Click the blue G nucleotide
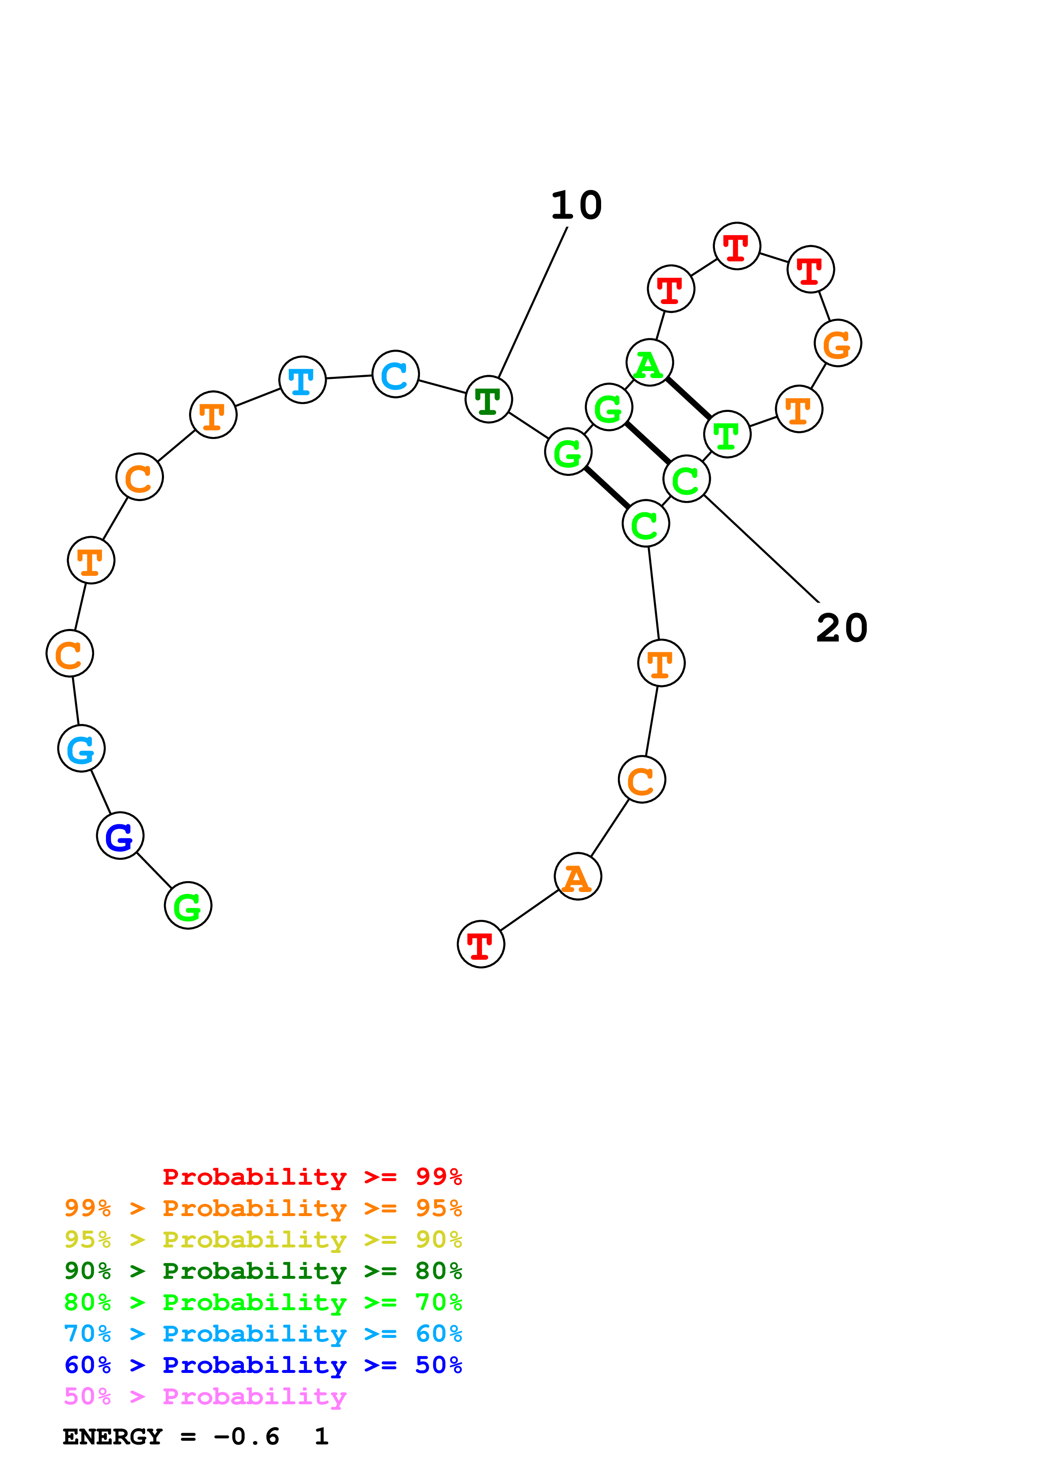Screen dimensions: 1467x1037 [x=120, y=836]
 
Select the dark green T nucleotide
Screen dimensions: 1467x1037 [x=489, y=399]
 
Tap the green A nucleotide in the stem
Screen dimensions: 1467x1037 [x=650, y=363]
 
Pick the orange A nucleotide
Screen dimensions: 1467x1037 [x=578, y=877]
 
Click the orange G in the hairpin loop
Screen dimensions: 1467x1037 [x=837, y=343]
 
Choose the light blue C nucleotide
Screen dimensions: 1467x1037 [x=395, y=374]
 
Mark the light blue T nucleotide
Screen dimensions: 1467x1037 [x=302, y=380]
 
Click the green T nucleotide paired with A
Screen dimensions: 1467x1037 [x=727, y=434]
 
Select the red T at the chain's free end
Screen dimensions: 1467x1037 [x=481, y=944]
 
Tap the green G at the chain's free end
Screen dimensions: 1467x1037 [x=188, y=905]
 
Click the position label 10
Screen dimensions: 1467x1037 [x=576, y=206]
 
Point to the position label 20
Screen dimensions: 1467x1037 [x=842, y=628]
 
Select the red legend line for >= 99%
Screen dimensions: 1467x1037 [x=312, y=1176]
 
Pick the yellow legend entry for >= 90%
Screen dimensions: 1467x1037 [x=263, y=1240]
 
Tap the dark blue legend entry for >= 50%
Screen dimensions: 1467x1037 [x=263, y=1365]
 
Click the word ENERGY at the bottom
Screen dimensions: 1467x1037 [x=113, y=1437]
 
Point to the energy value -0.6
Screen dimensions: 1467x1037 [x=247, y=1437]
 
